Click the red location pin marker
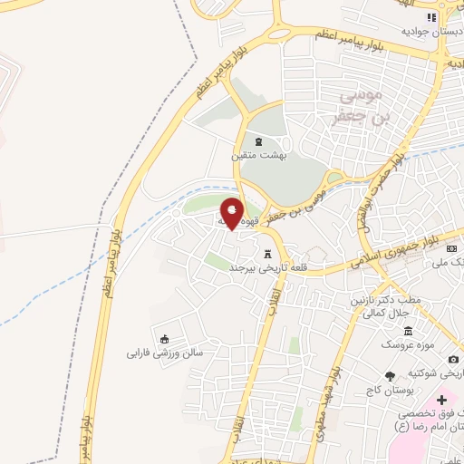[x=232, y=212]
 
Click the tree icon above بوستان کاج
[x=390, y=375]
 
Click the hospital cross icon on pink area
[x=442, y=400]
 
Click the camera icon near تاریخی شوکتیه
[x=453, y=360]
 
